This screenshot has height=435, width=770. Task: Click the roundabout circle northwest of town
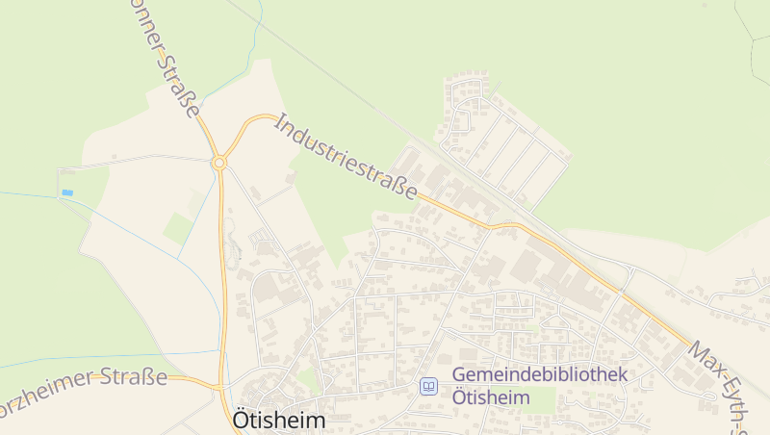tap(219, 164)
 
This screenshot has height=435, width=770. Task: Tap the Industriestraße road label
tap(347, 158)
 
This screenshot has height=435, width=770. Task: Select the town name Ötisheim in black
tap(279, 421)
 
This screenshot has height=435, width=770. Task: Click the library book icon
tap(428, 386)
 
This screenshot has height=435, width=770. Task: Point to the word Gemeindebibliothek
tap(539, 374)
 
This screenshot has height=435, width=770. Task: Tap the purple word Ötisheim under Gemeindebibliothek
tap(491, 397)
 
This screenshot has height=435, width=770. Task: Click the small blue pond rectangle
tap(67, 193)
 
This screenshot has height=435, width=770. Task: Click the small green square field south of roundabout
tap(178, 228)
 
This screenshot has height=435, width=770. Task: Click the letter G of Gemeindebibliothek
tap(458, 374)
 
